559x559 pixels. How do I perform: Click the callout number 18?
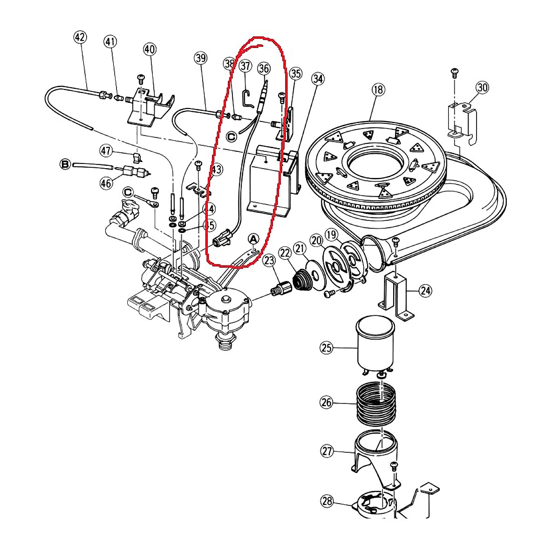(x=378, y=89)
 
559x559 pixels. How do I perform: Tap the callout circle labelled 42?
(x=80, y=37)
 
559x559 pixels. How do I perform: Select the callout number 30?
(x=482, y=87)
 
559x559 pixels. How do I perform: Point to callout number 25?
(x=327, y=347)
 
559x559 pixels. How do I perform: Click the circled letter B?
(x=65, y=164)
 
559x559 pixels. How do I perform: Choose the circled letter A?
(x=253, y=239)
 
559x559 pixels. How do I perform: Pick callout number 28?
(x=327, y=501)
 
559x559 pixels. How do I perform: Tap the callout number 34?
(x=318, y=79)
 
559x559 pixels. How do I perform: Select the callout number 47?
(x=106, y=150)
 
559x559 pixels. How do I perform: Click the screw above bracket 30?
(x=454, y=72)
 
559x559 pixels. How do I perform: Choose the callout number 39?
(x=200, y=58)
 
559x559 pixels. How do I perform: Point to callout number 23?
(x=269, y=260)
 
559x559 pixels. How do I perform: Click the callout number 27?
(x=327, y=451)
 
